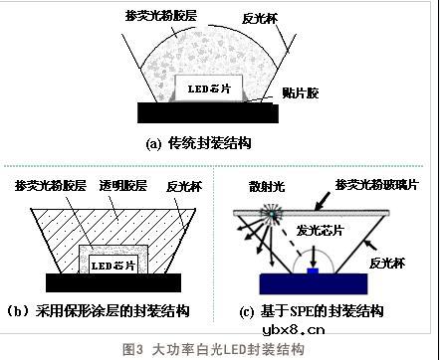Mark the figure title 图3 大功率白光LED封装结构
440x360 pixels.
pos(219,349)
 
